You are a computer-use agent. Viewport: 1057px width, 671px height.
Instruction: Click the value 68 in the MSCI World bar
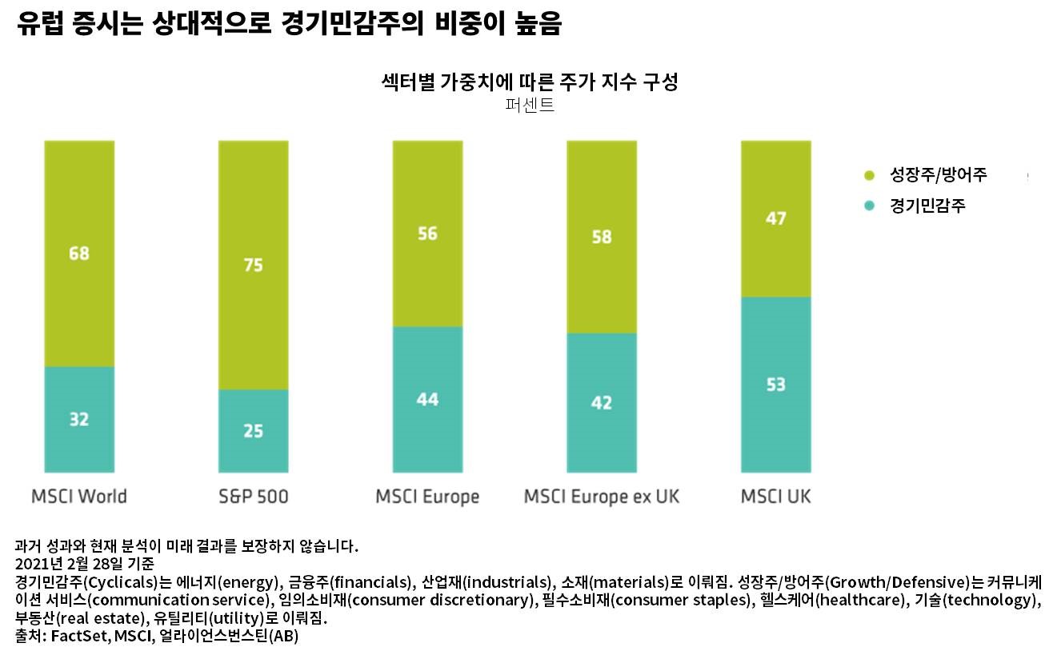pyautogui.click(x=79, y=254)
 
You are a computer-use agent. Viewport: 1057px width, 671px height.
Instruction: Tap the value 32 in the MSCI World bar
pyautogui.click(x=79, y=419)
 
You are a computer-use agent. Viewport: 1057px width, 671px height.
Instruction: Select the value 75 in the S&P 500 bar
pyautogui.click(x=253, y=266)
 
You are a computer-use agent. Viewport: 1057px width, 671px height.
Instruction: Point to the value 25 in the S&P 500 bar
pyautogui.click(x=253, y=431)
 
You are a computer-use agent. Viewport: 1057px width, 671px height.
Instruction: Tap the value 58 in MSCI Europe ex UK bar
pyautogui.click(x=601, y=237)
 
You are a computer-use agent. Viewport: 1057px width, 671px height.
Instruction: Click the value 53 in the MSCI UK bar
pyautogui.click(x=775, y=385)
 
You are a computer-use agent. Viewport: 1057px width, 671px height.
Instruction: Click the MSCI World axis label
pyautogui.click(x=79, y=497)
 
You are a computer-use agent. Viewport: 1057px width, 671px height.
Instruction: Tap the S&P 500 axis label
pyautogui.click(x=253, y=497)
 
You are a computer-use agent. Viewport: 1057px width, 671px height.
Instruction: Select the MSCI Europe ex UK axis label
pyautogui.click(x=601, y=497)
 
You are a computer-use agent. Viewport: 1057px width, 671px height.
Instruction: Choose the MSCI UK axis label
pyautogui.click(x=775, y=497)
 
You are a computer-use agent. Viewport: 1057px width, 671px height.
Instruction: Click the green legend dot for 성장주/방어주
pyautogui.click(x=870, y=175)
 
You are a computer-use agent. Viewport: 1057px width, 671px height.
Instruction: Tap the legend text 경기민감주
pyautogui.click(x=927, y=206)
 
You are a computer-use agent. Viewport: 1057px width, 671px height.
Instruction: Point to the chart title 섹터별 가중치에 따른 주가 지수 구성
pyautogui.click(x=529, y=82)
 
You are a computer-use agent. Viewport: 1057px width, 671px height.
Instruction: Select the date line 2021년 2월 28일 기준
pyautogui.click(x=85, y=563)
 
